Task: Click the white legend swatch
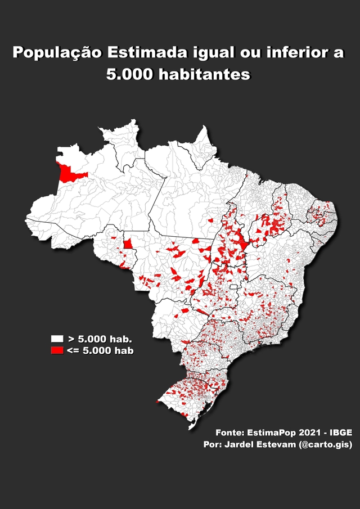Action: [x=57, y=339]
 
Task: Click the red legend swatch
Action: [x=57, y=350]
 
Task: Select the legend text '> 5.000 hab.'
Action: [x=100, y=339]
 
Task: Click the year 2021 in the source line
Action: [x=308, y=433]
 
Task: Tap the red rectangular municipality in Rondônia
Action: [x=129, y=243]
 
